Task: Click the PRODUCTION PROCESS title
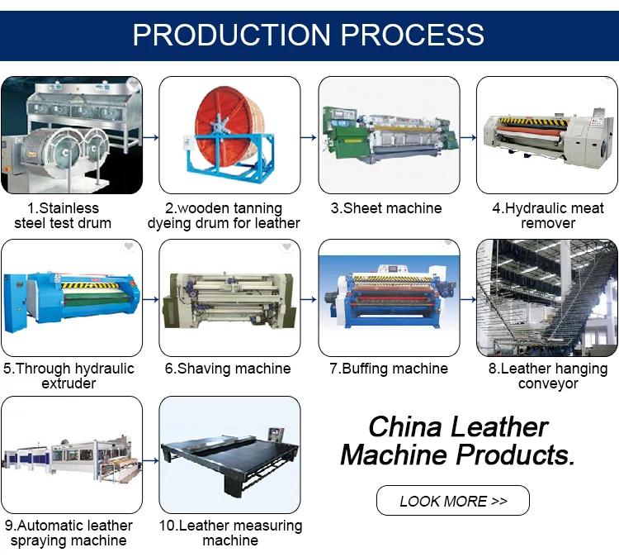click(x=309, y=35)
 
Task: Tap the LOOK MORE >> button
click(x=452, y=501)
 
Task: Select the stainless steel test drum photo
click(x=71, y=135)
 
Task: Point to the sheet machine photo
click(x=389, y=135)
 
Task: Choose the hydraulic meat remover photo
click(x=547, y=135)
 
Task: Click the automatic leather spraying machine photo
click(x=71, y=455)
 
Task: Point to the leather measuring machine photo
click(x=229, y=455)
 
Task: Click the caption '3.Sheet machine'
click(x=386, y=208)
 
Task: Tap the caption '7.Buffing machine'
click(x=389, y=369)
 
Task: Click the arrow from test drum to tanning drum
click(x=150, y=136)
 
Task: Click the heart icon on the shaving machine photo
click(x=286, y=247)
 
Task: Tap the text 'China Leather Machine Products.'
click(x=457, y=440)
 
